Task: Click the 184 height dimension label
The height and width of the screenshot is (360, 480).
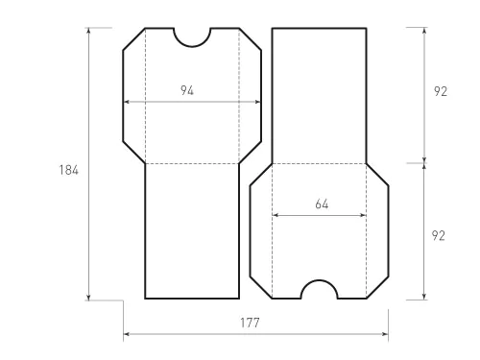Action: (x=67, y=170)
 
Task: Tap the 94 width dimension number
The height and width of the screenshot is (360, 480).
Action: (x=187, y=90)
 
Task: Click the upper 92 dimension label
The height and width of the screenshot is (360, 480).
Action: (x=441, y=92)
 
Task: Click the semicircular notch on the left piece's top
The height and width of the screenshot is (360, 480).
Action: (x=192, y=36)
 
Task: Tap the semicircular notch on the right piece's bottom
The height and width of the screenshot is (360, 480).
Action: (x=319, y=291)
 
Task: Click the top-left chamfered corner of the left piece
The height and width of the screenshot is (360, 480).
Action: (x=133, y=38)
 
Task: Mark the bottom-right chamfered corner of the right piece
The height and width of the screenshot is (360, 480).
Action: (x=378, y=288)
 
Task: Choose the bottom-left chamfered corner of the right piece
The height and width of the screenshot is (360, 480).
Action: (x=260, y=288)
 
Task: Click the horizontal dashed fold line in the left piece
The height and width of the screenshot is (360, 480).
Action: (x=192, y=164)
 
